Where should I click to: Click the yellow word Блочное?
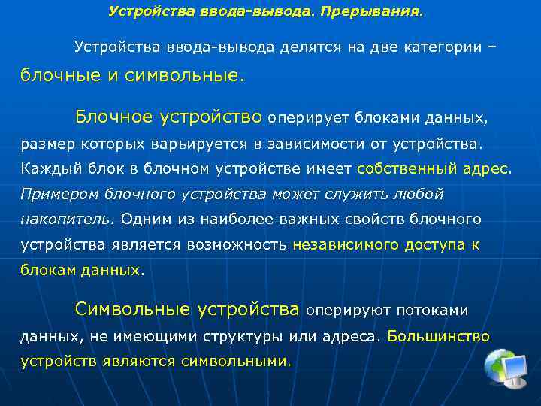click(x=116, y=117)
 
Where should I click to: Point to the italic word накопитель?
click(x=65, y=219)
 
